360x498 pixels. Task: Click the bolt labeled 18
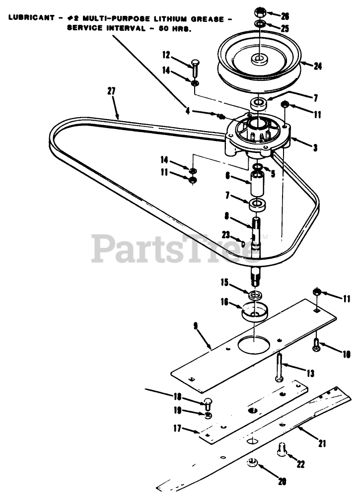coord(208,404)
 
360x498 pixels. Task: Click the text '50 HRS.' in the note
coord(178,28)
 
